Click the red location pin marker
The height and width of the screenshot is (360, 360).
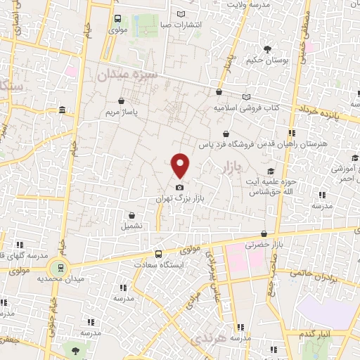coord(181,165)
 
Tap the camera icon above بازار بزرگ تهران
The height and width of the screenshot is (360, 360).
coord(181,188)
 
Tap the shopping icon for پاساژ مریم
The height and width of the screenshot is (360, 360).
coord(124,101)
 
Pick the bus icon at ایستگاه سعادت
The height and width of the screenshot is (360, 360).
coord(158,254)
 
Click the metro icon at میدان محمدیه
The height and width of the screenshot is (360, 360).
coord(60,268)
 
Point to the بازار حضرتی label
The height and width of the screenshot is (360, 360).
coord(262,245)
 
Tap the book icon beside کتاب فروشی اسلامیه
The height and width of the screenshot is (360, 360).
coord(245,97)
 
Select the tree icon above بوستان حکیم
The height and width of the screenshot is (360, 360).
coord(268,49)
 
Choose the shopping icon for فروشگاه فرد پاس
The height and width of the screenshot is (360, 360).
coord(225,134)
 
